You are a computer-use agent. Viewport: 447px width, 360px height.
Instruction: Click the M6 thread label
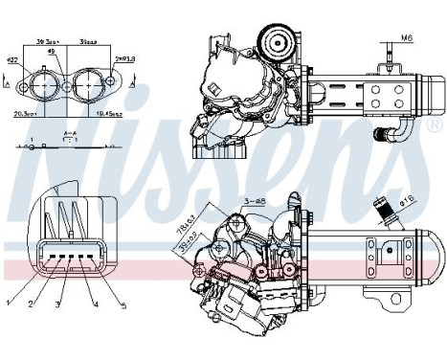(x=407, y=39)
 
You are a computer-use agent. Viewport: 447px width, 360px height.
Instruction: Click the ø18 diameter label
(x=406, y=201)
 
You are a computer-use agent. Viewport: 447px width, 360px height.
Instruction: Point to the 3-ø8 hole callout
(x=253, y=199)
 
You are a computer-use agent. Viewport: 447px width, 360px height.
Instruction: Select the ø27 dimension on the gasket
(x=12, y=61)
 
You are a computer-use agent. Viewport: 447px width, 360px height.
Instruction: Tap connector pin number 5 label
(x=122, y=305)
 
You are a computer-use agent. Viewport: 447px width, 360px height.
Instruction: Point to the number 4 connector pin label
(x=96, y=304)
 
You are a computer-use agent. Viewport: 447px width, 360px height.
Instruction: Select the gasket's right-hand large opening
(x=90, y=84)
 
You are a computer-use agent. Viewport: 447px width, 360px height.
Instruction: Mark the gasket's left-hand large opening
(x=44, y=84)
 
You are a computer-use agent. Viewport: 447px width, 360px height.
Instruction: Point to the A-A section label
(x=69, y=134)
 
